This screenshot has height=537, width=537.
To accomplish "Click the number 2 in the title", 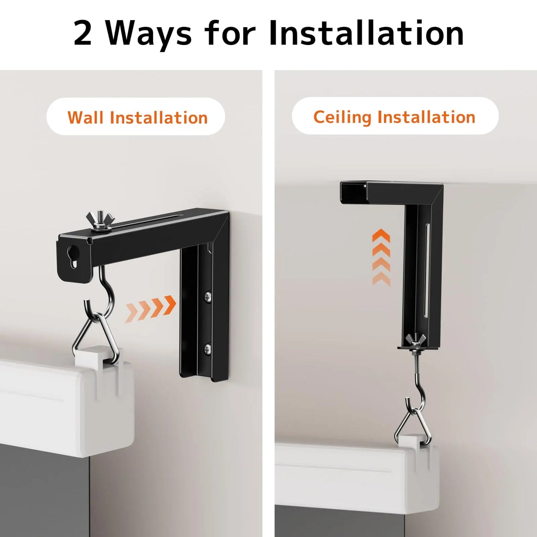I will (x=83, y=33).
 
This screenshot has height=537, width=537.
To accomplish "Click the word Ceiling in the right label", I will (x=342, y=117).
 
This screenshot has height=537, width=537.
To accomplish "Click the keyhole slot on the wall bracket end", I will (x=73, y=257).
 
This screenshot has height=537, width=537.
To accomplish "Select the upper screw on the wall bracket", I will (x=207, y=297).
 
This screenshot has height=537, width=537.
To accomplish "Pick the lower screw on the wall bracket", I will (x=207, y=349).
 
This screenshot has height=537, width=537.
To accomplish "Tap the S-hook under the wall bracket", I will (x=102, y=294).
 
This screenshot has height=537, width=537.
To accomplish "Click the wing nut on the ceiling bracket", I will (x=415, y=339).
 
